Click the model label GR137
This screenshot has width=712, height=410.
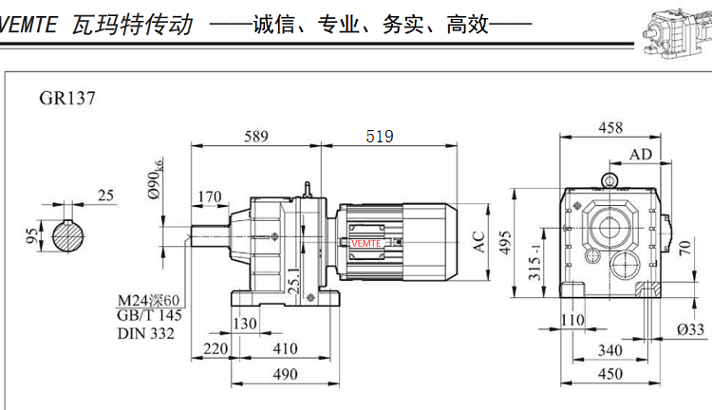pyautogui.click(x=67, y=98)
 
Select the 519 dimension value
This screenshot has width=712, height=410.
pyautogui.click(x=379, y=137)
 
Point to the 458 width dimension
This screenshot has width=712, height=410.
pyautogui.click(x=610, y=128)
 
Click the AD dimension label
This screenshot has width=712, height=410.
pyautogui.click(x=641, y=154)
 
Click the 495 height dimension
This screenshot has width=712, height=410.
pyautogui.click(x=506, y=243)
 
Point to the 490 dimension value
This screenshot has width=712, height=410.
pyautogui.click(x=282, y=374)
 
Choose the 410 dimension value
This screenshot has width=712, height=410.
pyautogui.click(x=284, y=349)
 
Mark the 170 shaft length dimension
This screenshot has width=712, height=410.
pyautogui.click(x=209, y=197)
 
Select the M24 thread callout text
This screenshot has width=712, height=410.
pyautogui.click(x=148, y=301)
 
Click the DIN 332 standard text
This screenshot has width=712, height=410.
pyautogui.click(x=148, y=332)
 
